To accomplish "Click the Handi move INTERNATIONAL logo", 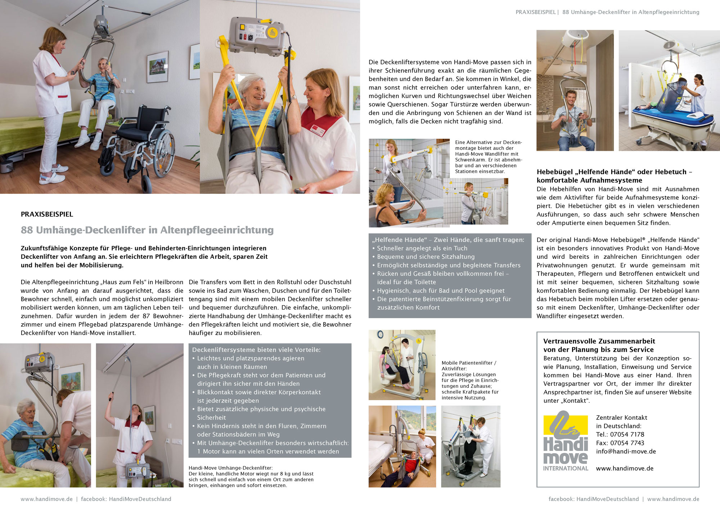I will pos(566,441).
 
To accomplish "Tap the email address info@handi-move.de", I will pos(626,451).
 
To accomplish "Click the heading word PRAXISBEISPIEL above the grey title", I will pos(47,214).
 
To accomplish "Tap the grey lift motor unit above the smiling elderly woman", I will pos(256,32).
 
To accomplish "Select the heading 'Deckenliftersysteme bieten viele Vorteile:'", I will pos(256,350).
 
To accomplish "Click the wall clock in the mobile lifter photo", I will pos(380,335).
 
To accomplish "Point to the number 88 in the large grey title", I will pos(27,230).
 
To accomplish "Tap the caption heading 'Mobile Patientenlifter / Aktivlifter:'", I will pos(469,366).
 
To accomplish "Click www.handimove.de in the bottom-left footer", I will pos(46,499).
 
